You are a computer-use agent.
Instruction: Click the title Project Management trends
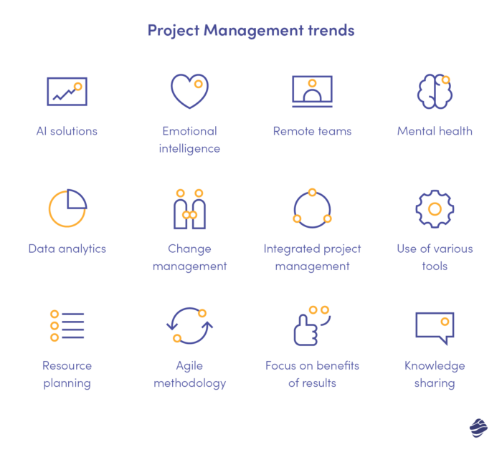point(251,31)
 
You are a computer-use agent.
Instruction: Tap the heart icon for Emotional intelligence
point(189,91)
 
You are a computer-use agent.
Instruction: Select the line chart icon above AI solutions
point(67,92)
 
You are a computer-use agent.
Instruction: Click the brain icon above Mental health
point(435,92)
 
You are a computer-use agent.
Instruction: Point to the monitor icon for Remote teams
point(312,92)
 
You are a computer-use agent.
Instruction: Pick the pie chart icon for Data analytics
point(67,208)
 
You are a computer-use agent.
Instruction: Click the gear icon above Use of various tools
point(435,209)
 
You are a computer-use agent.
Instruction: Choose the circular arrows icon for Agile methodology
point(189,326)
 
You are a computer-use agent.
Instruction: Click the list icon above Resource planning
point(67,326)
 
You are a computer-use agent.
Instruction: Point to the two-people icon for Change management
point(189,210)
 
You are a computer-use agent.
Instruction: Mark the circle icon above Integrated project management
point(312,209)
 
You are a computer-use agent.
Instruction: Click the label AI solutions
point(67,131)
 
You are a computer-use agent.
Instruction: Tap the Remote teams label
point(312,131)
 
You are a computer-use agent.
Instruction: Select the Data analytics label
point(67,249)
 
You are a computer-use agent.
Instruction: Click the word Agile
point(189,366)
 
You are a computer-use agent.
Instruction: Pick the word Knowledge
point(435,365)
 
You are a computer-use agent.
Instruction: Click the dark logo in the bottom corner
point(478,428)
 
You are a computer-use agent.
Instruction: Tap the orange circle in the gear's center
point(435,209)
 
